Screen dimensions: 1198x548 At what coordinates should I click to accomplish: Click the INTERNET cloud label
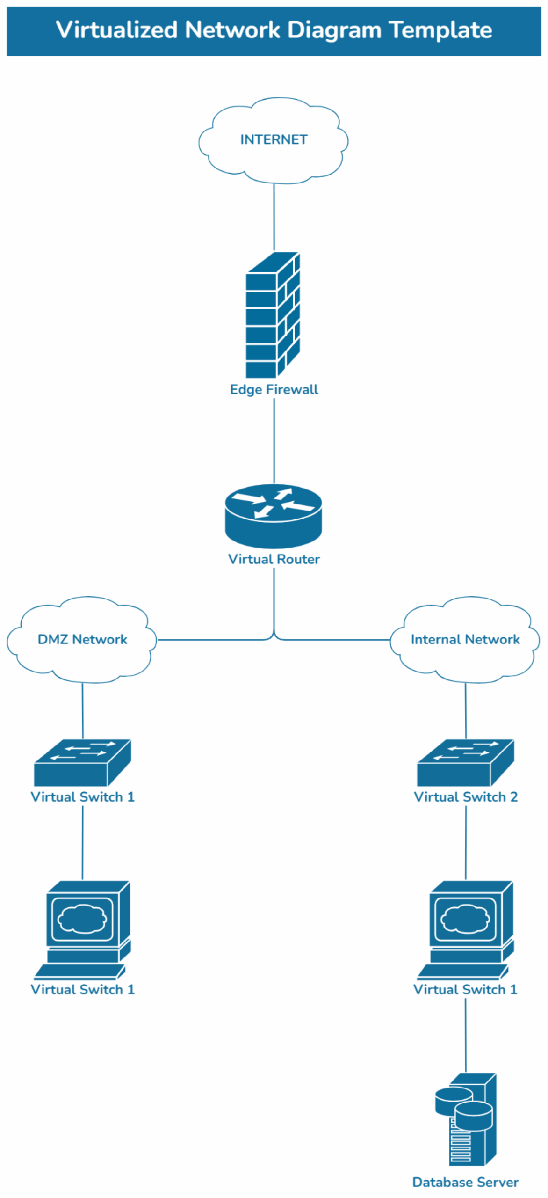coord(274,139)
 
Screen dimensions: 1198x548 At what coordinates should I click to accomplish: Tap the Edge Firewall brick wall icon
coord(273,314)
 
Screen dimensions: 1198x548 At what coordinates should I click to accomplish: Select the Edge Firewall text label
coord(274,389)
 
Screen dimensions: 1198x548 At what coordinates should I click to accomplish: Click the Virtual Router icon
coord(274,516)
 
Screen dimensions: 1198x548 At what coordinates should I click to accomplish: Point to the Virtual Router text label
coord(274,559)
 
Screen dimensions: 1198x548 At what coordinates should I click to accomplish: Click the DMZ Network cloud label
coord(82,639)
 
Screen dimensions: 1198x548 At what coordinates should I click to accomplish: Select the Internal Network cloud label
coord(465,639)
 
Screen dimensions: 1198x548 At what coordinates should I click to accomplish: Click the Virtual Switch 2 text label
coord(466,796)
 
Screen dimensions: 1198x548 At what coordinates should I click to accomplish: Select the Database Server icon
coord(466,1118)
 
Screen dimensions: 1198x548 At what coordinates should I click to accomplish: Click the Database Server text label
coord(465,1182)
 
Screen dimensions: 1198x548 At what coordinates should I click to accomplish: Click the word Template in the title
coord(440,30)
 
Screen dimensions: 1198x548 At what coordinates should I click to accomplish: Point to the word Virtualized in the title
coord(117,30)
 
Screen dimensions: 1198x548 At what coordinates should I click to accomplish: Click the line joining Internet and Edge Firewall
coord(274,217)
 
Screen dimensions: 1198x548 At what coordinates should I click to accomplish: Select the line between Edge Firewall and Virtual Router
coord(274,440)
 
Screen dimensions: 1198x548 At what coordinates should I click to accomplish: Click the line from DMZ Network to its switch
coord(83,710)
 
